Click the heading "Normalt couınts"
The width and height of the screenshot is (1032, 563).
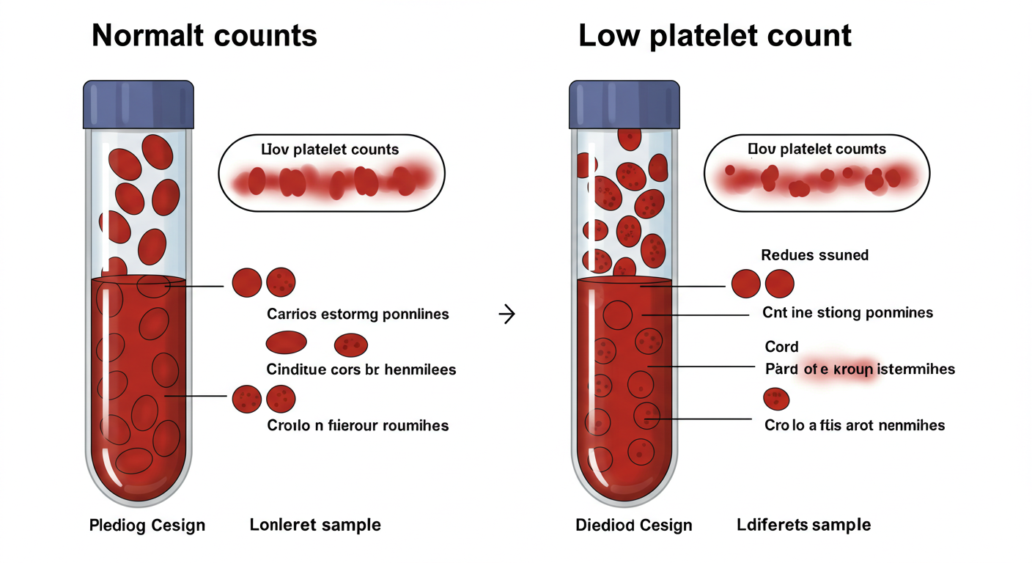pos(204,36)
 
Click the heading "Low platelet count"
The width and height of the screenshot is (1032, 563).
pos(715,36)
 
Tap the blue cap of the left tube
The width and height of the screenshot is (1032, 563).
pos(139,104)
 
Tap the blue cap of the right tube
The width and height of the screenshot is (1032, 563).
pos(624,104)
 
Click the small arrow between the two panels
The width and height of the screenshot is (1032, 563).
pos(506,315)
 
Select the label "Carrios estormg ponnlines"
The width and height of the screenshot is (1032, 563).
pos(358,314)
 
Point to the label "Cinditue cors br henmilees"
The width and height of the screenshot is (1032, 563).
pos(361,369)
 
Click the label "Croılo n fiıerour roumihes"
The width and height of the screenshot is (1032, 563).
pos(358,425)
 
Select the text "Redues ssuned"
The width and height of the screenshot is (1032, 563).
pos(814,255)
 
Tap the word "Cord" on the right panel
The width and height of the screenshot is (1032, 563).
pos(781,347)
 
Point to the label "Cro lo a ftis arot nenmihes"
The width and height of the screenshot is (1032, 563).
pos(855,425)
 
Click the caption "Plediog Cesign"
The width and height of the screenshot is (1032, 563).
pos(147,526)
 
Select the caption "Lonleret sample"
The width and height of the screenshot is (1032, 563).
pos(315,525)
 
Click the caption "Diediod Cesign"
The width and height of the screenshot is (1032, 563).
pos(634,526)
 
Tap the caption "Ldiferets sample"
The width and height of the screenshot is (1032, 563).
pos(803,525)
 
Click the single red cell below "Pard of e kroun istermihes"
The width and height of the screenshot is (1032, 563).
pos(777,400)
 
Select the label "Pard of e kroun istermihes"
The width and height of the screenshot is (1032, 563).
pos(860,369)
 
